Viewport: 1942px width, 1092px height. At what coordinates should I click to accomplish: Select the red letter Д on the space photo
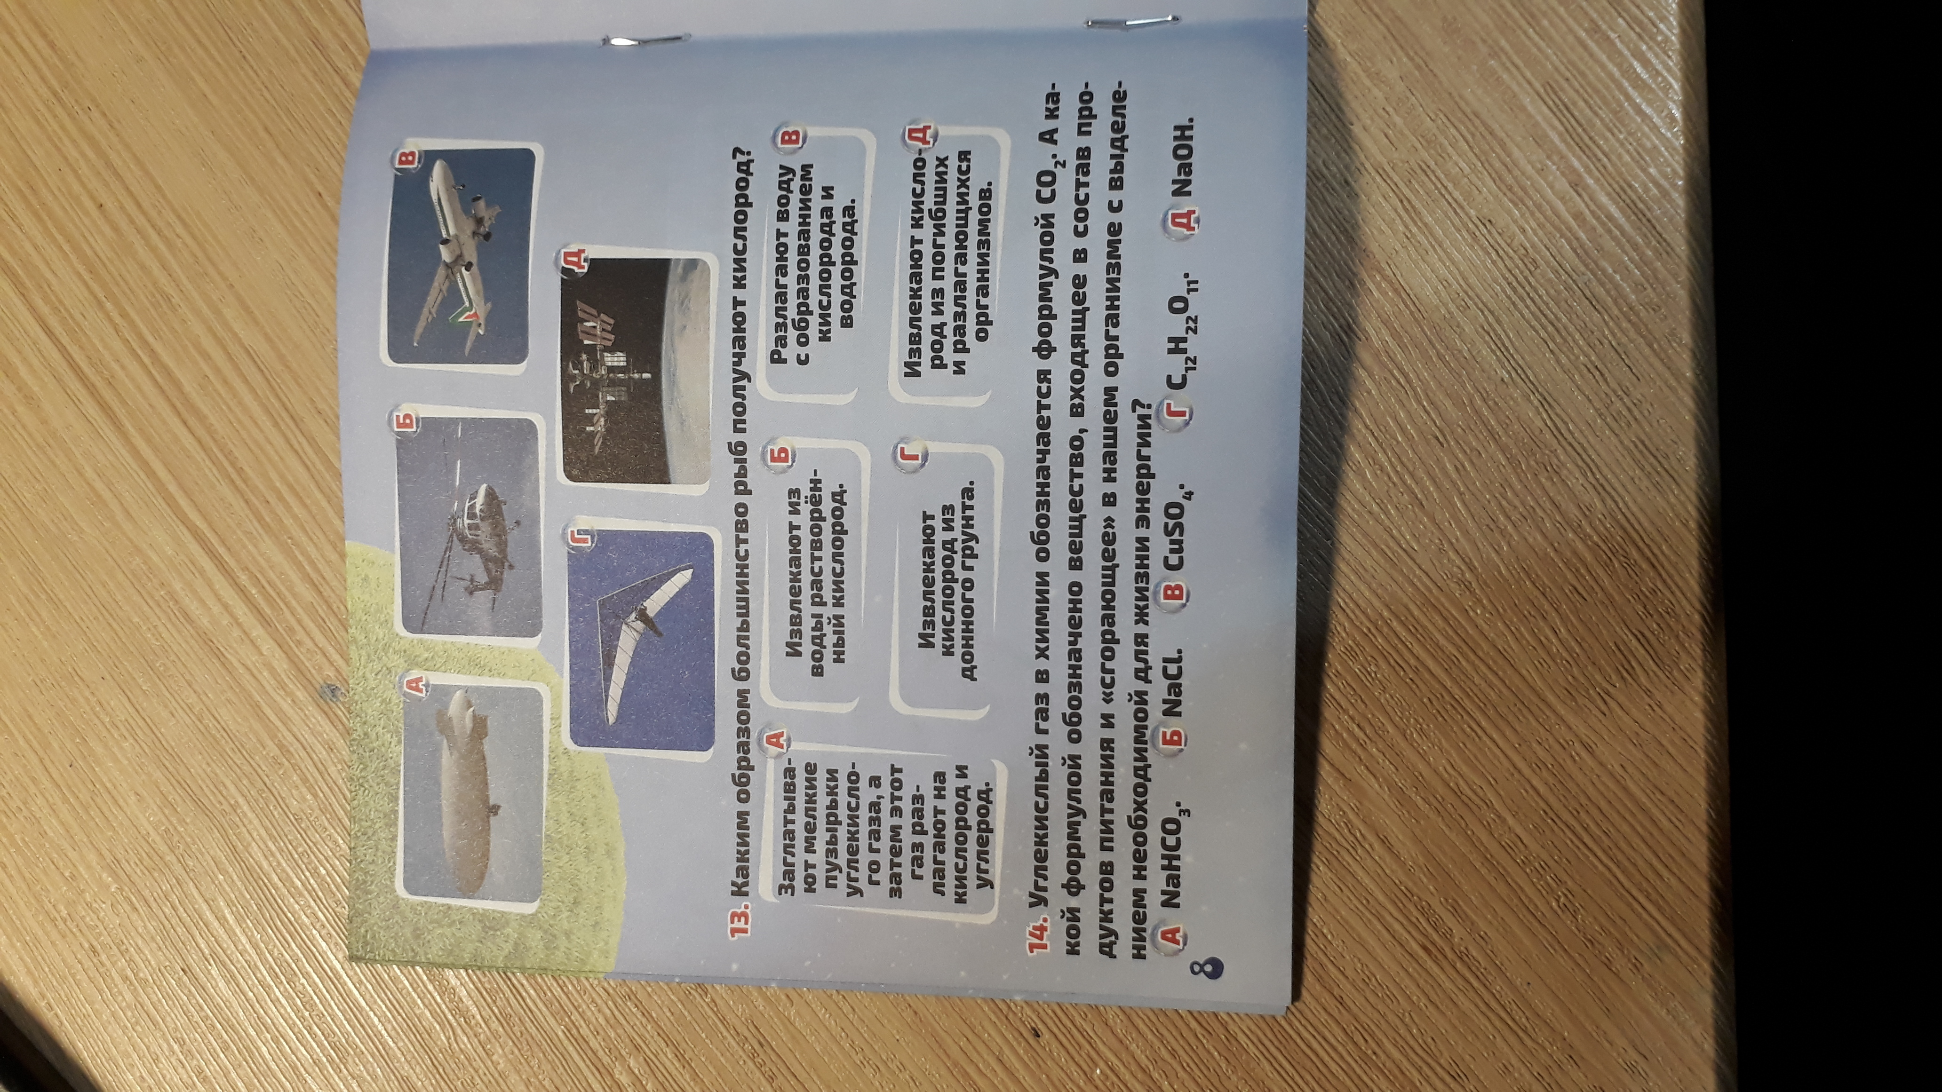(573, 261)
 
